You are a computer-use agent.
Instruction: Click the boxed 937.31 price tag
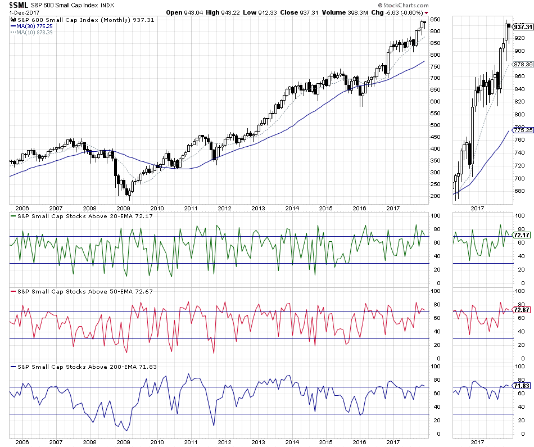(x=523, y=26)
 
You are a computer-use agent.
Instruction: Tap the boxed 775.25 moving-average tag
(x=523, y=129)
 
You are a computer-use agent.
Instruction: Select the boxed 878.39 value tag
(x=523, y=64)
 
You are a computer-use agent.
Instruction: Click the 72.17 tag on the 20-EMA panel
(x=523, y=234)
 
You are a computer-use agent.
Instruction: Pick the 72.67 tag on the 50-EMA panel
(x=523, y=310)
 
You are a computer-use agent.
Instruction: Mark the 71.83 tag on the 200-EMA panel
(x=523, y=386)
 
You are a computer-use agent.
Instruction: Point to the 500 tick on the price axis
(x=435, y=125)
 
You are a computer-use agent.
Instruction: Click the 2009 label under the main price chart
(x=123, y=207)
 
